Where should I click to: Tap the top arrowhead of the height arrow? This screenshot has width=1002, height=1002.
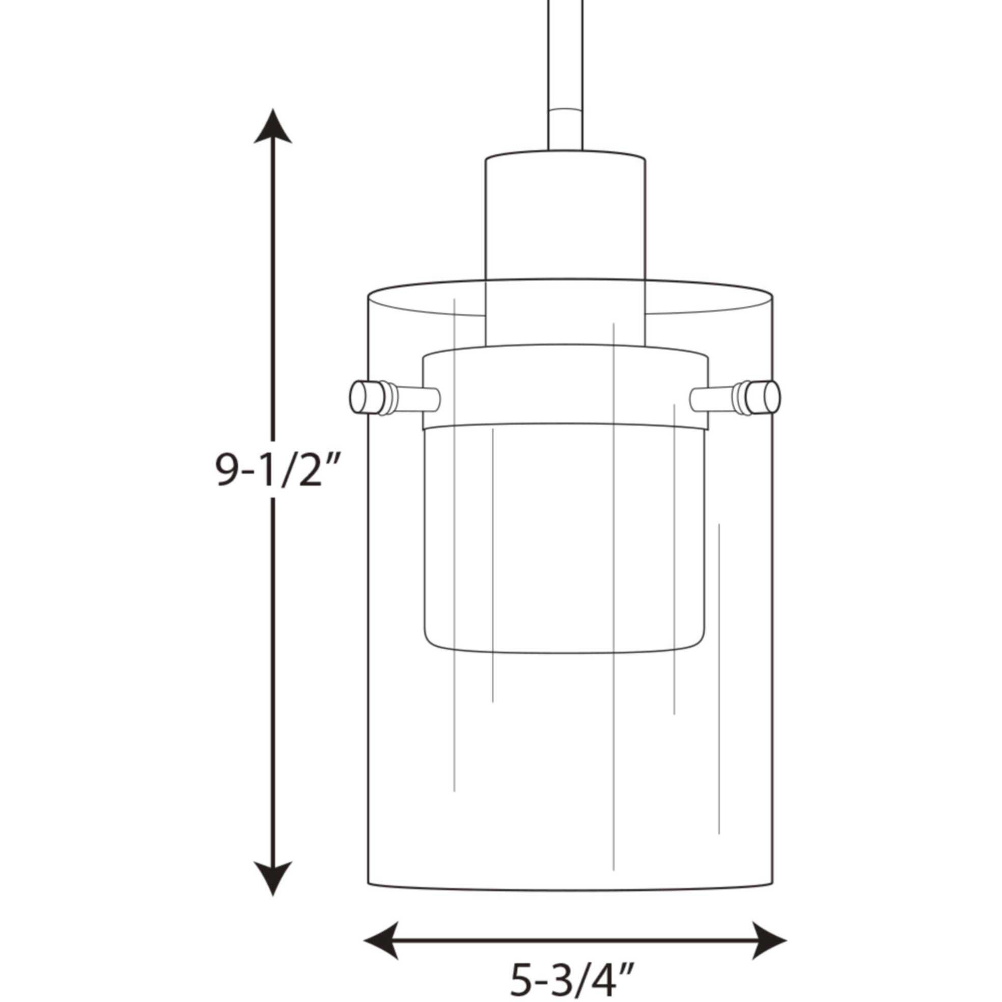[273, 127]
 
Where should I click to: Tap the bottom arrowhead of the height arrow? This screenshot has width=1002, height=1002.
[273, 876]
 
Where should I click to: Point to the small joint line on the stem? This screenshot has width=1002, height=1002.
[565, 110]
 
